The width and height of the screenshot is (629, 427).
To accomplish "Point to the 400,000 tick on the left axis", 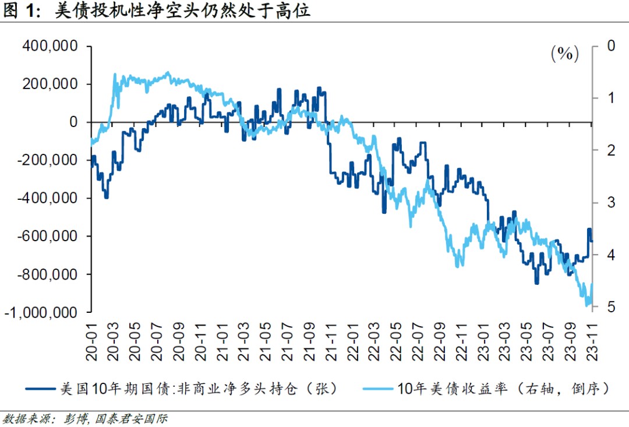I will coord(49,46).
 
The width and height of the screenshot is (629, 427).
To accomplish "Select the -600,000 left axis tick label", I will coord(47,236).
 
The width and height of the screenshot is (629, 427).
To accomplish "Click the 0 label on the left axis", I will coord(73,122).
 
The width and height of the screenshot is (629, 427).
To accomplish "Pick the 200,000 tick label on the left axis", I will coord(49,84).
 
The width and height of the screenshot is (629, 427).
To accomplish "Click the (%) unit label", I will coord(564,54).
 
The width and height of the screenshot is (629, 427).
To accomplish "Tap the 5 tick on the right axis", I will coord(611,306).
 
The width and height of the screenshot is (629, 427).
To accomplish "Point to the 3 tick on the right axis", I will coord(611,202).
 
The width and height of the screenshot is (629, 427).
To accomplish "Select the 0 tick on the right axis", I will coord(611,45).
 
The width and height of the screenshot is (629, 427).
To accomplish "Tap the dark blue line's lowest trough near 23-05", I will coord(536,283).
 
